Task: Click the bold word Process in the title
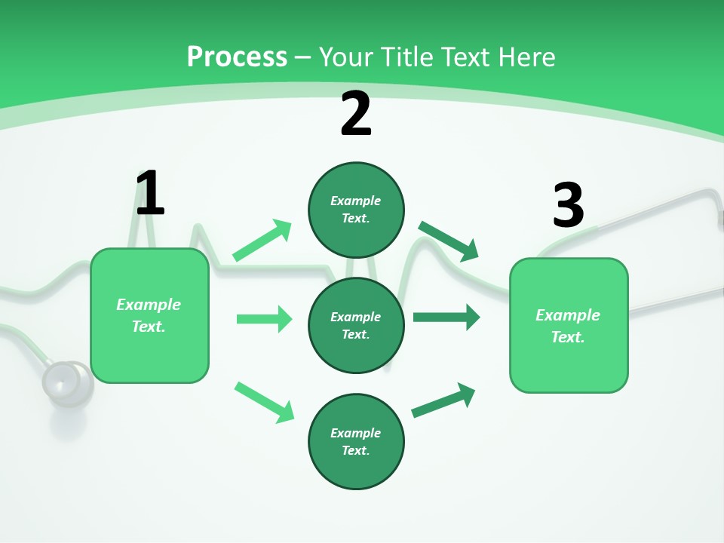237,57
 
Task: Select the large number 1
150,193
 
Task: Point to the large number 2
356,113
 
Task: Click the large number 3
568,204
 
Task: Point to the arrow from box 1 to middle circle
264,319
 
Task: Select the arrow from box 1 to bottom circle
264,402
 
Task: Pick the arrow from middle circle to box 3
446,318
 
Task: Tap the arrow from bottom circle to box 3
443,400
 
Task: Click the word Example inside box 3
568,315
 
